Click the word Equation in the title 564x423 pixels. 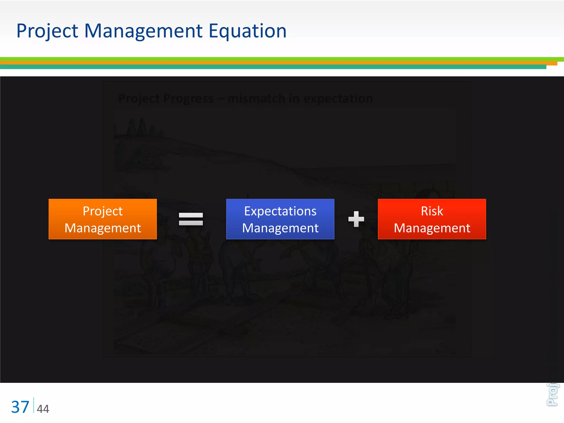click(247, 31)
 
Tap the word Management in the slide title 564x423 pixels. click(143, 31)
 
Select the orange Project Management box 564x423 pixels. click(102, 219)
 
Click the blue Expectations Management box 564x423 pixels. click(280, 219)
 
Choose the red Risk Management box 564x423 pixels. click(432, 219)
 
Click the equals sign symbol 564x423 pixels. click(191, 219)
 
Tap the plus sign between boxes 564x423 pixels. click(356, 219)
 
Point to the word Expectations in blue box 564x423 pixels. click(280, 211)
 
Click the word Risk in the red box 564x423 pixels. click(432, 211)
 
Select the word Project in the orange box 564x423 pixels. click(102, 211)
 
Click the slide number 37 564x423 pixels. click(20, 407)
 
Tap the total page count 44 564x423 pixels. click(43, 409)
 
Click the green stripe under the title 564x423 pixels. click(275, 59)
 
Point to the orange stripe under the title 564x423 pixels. click(275, 63)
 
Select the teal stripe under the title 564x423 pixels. click(275, 67)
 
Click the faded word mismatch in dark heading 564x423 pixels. click(256, 99)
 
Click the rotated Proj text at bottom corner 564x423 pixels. click(552, 394)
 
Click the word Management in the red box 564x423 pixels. click(432, 228)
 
